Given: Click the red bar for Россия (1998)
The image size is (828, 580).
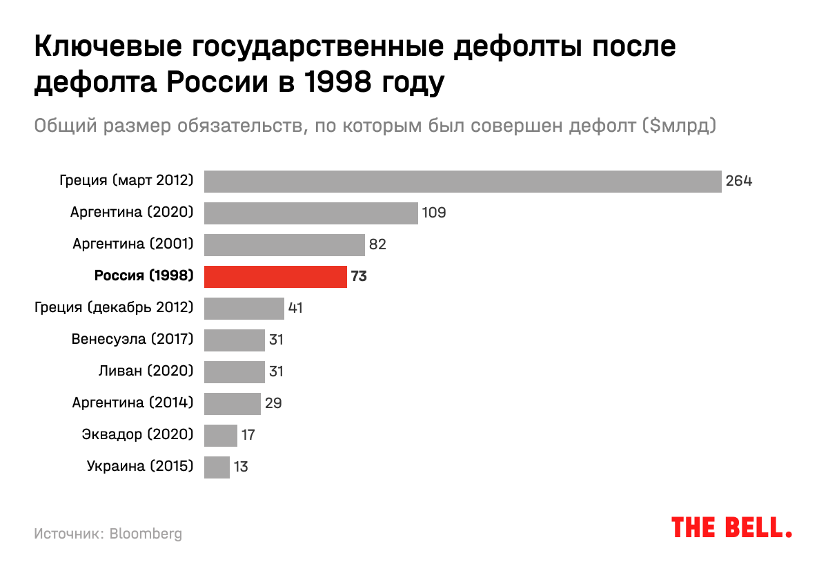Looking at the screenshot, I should [x=275, y=276].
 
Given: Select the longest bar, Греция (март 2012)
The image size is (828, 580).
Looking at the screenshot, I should [x=463, y=182].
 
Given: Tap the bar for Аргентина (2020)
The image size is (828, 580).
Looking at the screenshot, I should [x=311, y=213].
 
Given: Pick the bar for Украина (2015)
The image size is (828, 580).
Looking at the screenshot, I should [x=217, y=467].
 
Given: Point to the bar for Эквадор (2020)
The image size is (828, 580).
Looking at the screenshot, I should [x=221, y=435].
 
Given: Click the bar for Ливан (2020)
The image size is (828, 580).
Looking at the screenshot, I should [x=235, y=371].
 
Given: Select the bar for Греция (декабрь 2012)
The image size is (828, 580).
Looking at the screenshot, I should [x=244, y=308].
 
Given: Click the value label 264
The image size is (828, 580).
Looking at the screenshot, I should [x=738, y=182].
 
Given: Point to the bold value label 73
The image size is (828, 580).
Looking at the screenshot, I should [x=359, y=277].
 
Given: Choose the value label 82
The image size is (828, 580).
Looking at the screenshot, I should [x=378, y=244].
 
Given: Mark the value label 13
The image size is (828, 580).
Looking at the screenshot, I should [x=241, y=467].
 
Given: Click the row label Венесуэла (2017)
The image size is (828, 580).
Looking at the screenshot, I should [x=132, y=340].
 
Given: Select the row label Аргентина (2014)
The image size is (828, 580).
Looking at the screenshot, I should [x=132, y=403].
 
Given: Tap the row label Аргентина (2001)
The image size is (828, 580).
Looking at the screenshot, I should [x=132, y=244].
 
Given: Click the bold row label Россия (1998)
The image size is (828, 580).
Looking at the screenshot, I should [x=144, y=277].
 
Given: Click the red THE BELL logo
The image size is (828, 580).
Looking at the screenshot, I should [x=731, y=528].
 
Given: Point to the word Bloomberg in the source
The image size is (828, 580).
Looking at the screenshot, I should [x=146, y=534].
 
